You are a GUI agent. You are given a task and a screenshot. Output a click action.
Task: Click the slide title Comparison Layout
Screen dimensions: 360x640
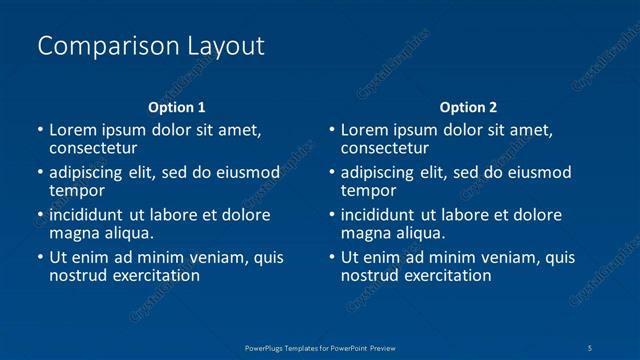pos(150,46)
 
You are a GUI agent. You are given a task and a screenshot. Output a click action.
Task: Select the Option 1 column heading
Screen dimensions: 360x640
pos(177,107)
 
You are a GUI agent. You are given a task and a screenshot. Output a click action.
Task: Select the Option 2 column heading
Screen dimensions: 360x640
pos(468,107)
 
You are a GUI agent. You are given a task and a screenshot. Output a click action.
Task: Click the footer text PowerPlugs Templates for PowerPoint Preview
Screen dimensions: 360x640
pos(320,346)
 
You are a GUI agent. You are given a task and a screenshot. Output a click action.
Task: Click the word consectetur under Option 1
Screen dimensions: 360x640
pos(96,149)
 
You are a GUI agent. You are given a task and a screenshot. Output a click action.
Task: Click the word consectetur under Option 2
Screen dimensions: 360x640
pos(388,149)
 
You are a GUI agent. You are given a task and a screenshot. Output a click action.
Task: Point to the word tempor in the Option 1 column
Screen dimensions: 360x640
pos(77,190)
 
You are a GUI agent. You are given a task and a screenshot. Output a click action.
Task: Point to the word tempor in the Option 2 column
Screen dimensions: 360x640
pos(369,190)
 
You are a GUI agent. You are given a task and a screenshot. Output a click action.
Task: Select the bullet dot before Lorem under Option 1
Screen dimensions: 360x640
pos(39,130)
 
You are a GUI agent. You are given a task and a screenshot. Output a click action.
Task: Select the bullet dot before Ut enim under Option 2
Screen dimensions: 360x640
pos(331,257)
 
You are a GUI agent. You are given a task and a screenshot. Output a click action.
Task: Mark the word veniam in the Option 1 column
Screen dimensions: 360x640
pos(221,257)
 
